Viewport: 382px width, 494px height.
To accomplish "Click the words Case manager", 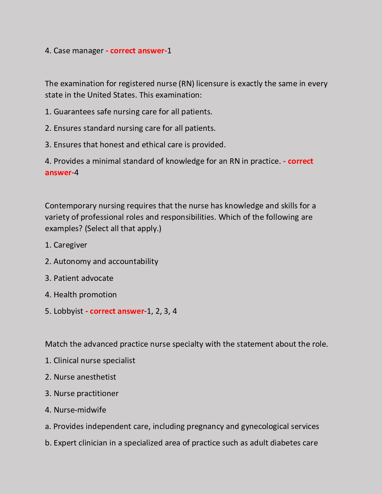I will (x=78, y=51).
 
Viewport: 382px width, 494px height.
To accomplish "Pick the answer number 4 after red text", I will (x=76, y=173).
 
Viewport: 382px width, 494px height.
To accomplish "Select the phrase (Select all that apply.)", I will (x=123, y=229).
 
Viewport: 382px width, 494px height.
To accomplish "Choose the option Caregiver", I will (x=70, y=245).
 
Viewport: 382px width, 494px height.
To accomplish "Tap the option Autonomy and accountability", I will (x=106, y=261).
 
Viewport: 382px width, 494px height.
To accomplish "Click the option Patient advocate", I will (x=83, y=278).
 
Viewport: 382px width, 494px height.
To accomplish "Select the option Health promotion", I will (x=85, y=295).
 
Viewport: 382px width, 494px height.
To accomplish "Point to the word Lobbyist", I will (x=68, y=311).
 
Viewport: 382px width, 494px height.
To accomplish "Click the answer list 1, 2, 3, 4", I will (x=162, y=311).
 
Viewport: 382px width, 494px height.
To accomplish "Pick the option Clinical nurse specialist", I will (x=94, y=360).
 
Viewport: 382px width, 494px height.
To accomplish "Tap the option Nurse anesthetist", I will (x=85, y=377).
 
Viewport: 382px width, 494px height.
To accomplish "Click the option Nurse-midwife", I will (x=80, y=410).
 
